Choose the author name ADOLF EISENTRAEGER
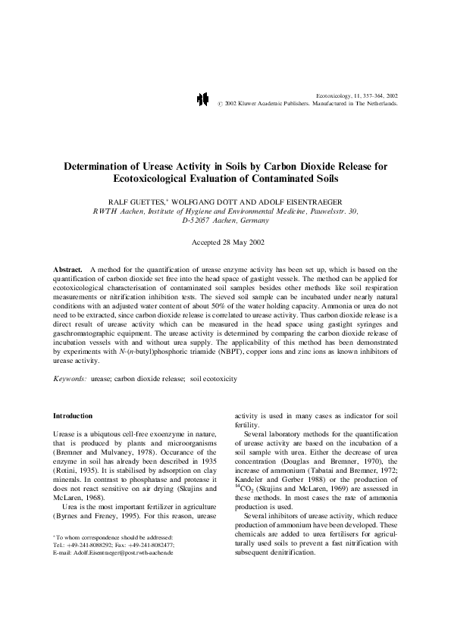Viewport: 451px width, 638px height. [x=293, y=200]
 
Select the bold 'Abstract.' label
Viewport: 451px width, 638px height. [x=68, y=269]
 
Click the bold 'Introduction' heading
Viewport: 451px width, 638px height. [x=73, y=416]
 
